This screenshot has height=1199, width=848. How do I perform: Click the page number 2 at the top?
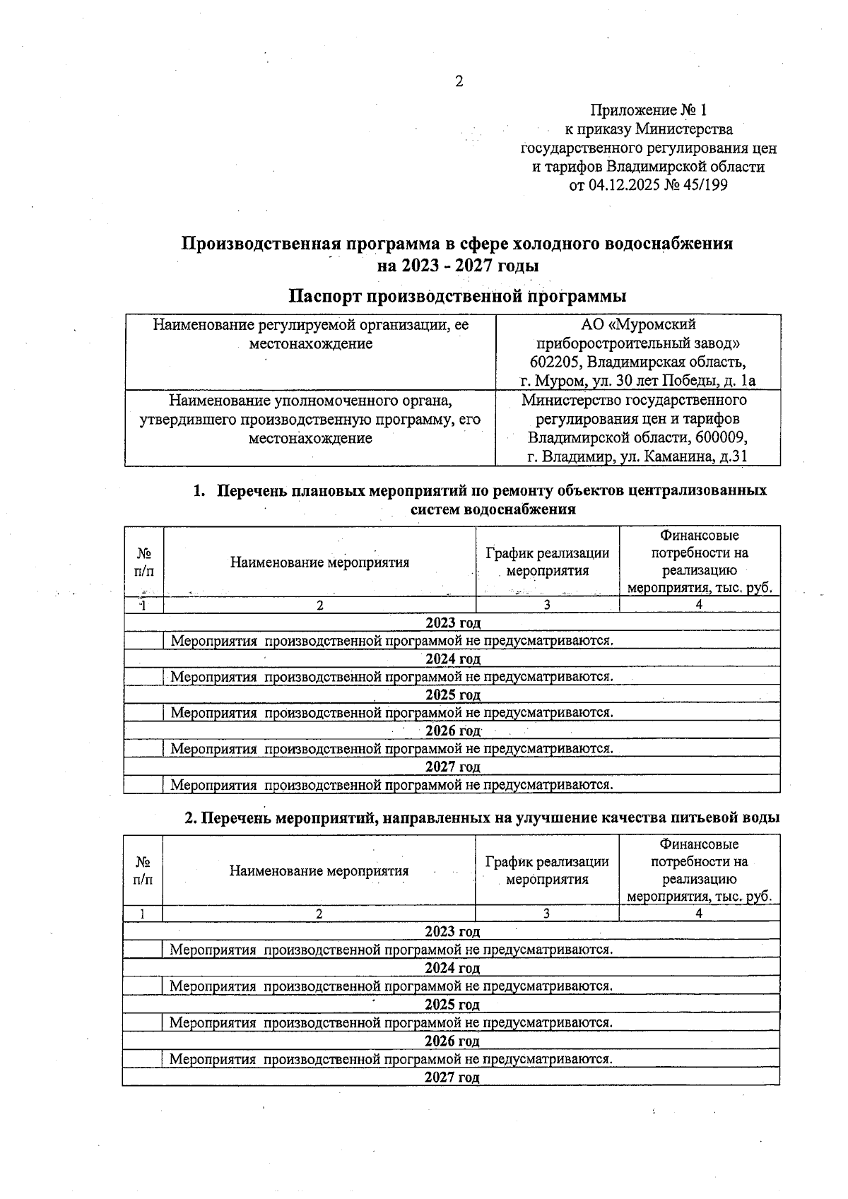click(459, 82)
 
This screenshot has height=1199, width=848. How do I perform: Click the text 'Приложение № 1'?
click(648, 110)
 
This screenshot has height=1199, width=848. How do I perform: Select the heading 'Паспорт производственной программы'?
click(458, 295)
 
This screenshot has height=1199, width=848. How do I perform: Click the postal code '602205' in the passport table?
click(556, 362)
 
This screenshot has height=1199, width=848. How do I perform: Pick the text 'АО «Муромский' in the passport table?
click(638, 324)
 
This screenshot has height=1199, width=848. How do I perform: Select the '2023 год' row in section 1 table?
click(453, 622)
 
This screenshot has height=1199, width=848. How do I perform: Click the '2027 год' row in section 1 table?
click(453, 767)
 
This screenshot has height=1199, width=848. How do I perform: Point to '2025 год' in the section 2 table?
click(452, 1005)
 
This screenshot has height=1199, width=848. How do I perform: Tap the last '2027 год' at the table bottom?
click(452, 1077)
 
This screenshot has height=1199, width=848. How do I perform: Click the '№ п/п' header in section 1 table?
click(144, 562)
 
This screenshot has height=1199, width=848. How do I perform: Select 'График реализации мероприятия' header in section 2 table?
click(547, 870)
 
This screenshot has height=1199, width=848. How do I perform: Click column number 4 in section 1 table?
click(699, 605)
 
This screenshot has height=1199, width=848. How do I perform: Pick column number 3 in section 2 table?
click(546, 914)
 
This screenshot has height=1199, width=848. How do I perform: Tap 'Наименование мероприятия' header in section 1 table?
click(319, 562)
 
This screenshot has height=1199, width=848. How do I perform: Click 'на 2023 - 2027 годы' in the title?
click(458, 266)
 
